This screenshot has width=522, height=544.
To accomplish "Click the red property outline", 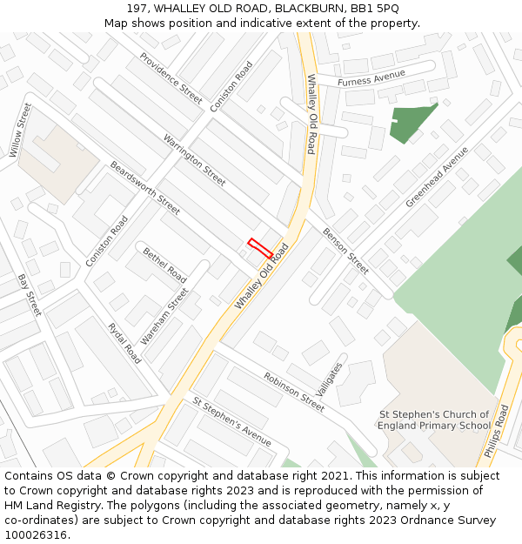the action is [x=260, y=248].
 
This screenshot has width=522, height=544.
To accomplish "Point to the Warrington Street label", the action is [x=194, y=159].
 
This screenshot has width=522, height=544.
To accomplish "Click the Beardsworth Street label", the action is [x=144, y=187].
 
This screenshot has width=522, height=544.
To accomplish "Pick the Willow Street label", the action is [x=20, y=131].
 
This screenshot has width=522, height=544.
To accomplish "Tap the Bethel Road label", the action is [x=164, y=263].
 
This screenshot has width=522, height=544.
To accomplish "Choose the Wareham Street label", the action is [x=164, y=317].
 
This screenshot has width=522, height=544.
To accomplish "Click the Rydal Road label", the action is [x=124, y=343].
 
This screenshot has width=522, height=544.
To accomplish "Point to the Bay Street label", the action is [x=29, y=295].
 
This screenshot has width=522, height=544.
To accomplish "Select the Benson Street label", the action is [x=345, y=250].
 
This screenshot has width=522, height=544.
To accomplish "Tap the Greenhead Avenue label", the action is [x=437, y=177].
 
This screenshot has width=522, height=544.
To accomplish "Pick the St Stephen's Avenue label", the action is [x=232, y=422].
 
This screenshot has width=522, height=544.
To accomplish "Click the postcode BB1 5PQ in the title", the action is [x=375, y=8].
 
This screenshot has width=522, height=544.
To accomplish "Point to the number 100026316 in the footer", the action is [x=36, y=535].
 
